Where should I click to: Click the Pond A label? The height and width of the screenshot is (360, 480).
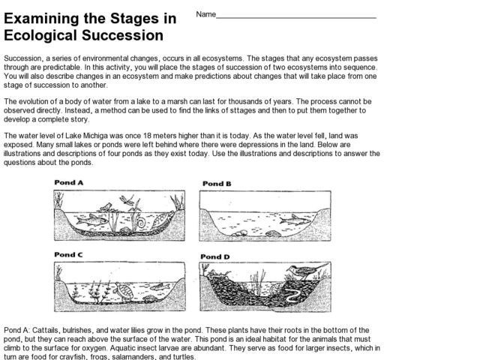pos(68,182)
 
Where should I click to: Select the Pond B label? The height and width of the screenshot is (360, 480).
pos(217,184)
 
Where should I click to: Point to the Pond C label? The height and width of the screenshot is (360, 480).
pos(68,255)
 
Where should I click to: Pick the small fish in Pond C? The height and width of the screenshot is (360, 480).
pos(160,286)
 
